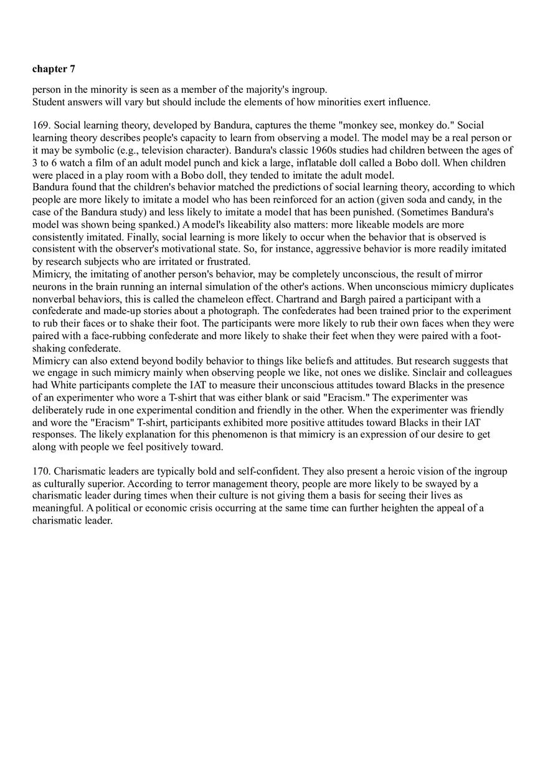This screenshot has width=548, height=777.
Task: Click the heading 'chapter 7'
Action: click(x=54, y=69)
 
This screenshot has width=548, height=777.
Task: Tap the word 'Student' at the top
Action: click(x=49, y=102)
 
